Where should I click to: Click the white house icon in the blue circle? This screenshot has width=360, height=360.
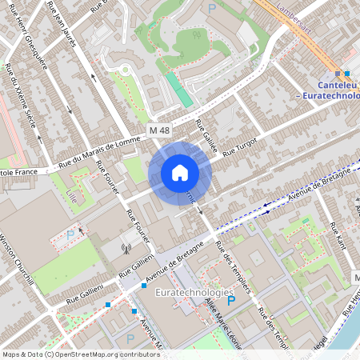click(180, 173)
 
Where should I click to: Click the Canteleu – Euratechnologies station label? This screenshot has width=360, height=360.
click(329, 91)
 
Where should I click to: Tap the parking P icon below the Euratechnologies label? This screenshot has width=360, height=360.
click(232, 301)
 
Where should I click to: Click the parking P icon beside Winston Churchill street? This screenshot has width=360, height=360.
click(70, 235)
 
